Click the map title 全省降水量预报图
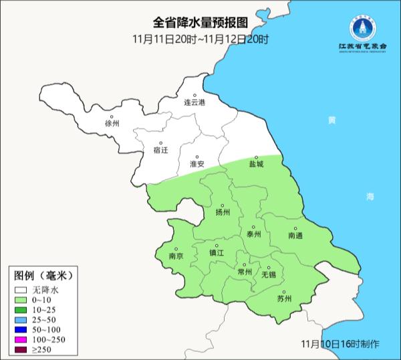pos(200,25)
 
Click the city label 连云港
pos(194,103)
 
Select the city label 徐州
pos(112,124)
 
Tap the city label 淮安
pos(196,163)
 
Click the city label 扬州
pos(223,213)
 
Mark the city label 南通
pos(295,236)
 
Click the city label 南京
pos(176,256)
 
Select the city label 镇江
pos(217,253)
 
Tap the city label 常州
pos(245,272)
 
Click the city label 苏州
pos(284,298)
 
